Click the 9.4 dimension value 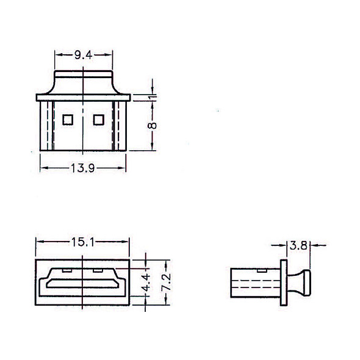click(x=84, y=55)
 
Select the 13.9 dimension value click(x=82, y=168)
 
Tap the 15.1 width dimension click(x=82, y=242)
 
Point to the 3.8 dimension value click(x=298, y=245)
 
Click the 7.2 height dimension click(x=166, y=282)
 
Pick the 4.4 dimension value click(x=146, y=282)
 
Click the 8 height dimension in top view click(x=152, y=126)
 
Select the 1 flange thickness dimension click(x=153, y=98)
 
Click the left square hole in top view click(x=68, y=120)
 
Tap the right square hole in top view click(x=99, y=120)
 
